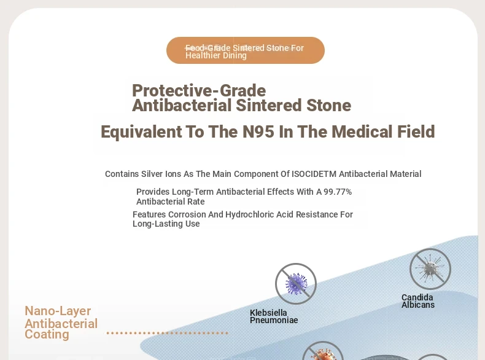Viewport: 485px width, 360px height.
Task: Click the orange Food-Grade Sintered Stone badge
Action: (246, 50)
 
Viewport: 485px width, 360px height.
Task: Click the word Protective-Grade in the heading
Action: (199, 91)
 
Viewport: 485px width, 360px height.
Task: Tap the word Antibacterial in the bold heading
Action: (182, 105)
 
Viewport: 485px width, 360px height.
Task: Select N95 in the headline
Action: (258, 131)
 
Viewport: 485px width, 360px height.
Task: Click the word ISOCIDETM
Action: (314, 174)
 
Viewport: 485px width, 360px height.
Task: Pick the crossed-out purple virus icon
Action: (296, 284)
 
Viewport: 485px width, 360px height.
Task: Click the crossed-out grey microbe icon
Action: (430, 269)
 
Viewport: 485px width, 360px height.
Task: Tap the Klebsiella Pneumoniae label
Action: (274, 316)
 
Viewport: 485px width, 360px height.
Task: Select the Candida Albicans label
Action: (418, 301)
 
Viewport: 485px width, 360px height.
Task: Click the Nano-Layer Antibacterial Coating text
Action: (61, 323)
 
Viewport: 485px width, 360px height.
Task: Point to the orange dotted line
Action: (168, 333)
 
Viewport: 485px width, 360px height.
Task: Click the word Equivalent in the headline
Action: (141, 131)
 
